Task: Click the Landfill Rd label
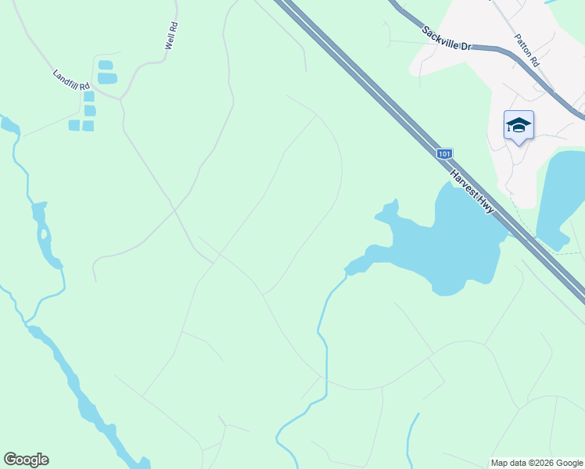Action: [71, 79]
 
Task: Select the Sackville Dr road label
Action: [447, 39]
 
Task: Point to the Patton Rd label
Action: [526, 50]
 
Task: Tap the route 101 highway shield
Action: [444, 154]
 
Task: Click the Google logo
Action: [26, 460]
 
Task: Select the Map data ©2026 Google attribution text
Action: [537, 463]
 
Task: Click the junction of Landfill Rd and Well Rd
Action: [120, 98]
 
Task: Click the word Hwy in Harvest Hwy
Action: [490, 206]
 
